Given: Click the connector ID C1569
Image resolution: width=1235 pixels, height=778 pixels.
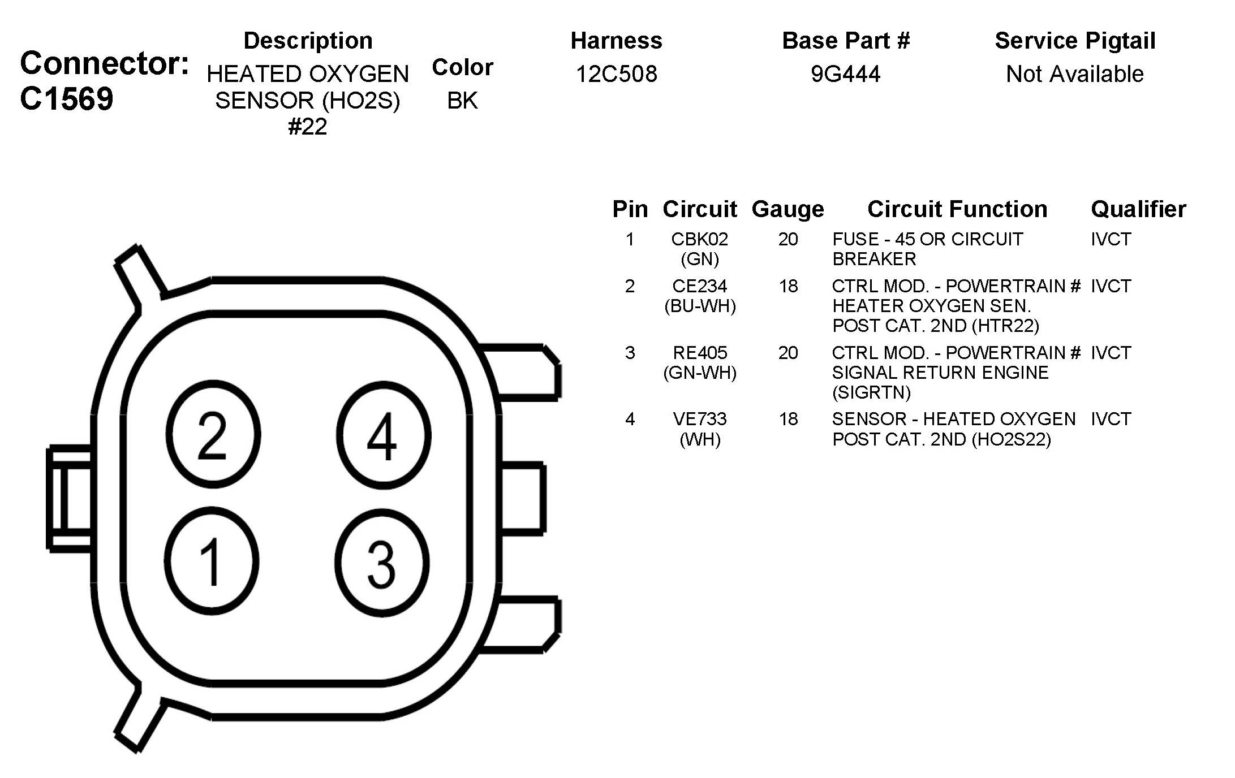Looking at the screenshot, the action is point(67,99).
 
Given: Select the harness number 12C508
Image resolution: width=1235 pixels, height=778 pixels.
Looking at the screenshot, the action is point(617,74).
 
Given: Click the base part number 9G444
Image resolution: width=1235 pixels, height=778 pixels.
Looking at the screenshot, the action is point(846,74).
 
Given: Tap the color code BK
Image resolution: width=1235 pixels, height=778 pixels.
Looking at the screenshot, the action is point(462,101).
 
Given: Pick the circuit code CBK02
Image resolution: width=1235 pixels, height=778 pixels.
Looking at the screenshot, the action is point(700,239).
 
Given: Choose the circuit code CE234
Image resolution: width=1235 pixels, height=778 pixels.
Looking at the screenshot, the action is point(700,286).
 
